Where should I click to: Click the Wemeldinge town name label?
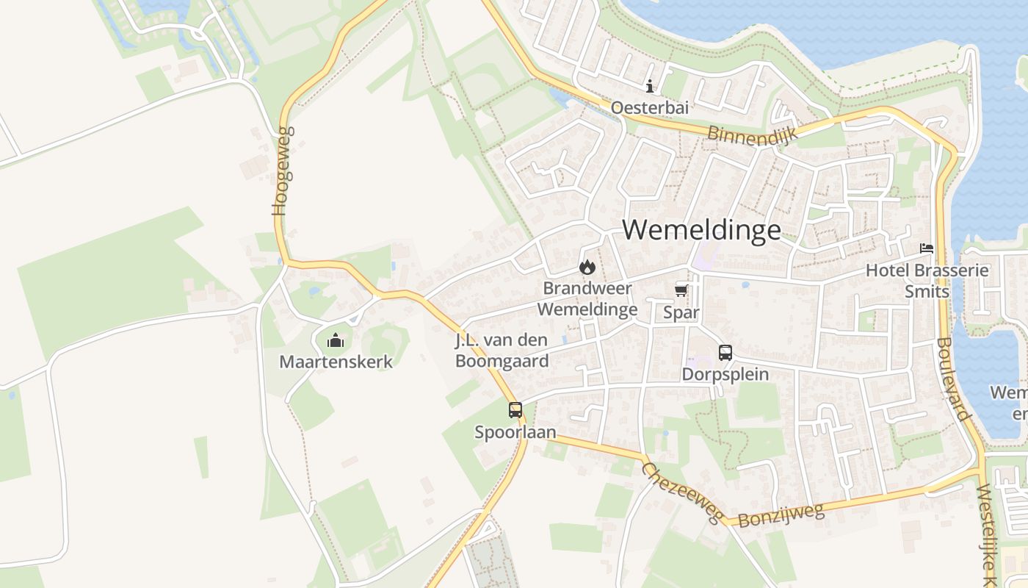(x=701, y=230)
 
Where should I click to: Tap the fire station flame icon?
(x=587, y=267)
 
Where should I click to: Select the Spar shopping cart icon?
(x=681, y=291)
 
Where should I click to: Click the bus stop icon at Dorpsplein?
(x=725, y=353)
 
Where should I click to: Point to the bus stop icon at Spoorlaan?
(x=515, y=410)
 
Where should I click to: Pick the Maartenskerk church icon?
(x=336, y=340)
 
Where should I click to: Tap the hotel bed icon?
(x=927, y=248)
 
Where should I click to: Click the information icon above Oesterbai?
(x=650, y=86)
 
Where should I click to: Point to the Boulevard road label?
(x=954, y=379)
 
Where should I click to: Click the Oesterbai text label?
(x=650, y=108)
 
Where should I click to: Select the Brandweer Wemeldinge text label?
(x=587, y=298)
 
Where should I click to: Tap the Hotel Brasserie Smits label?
(x=927, y=280)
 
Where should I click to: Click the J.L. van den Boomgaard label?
(x=502, y=351)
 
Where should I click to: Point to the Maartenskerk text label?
(x=336, y=362)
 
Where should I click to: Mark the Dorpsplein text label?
(x=725, y=374)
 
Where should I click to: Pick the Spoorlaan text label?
(x=515, y=432)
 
